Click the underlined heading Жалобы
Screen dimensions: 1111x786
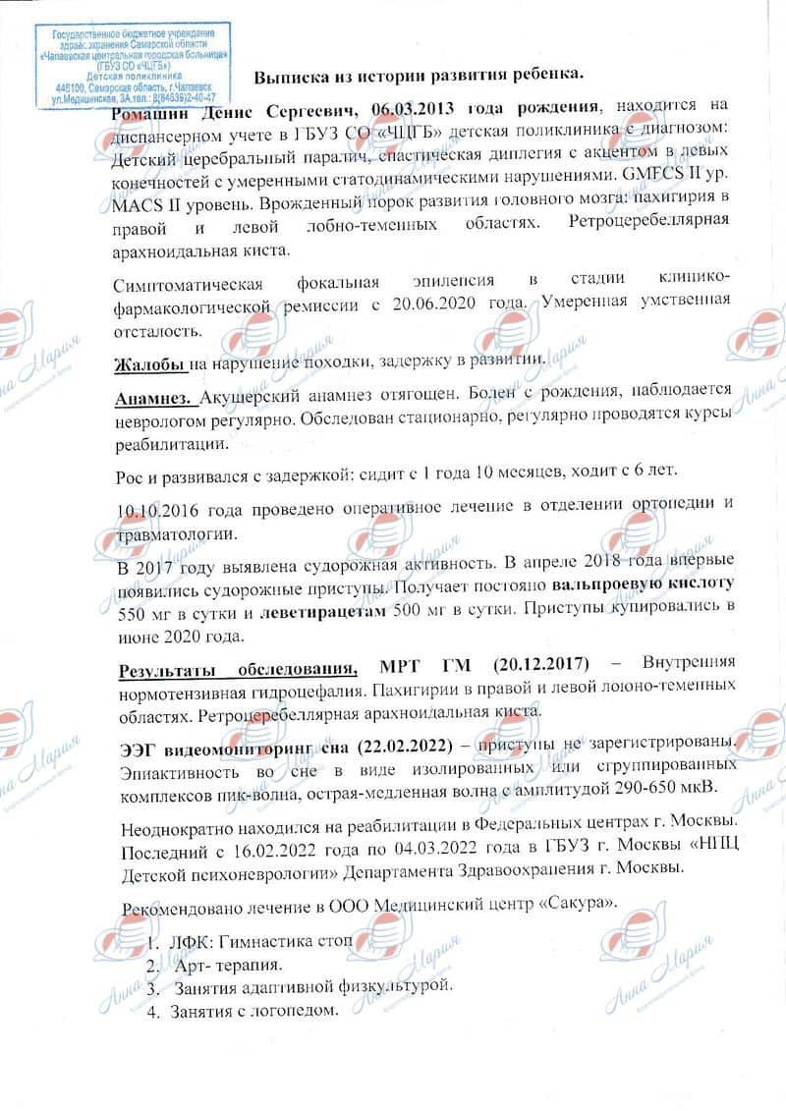(150, 363)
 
